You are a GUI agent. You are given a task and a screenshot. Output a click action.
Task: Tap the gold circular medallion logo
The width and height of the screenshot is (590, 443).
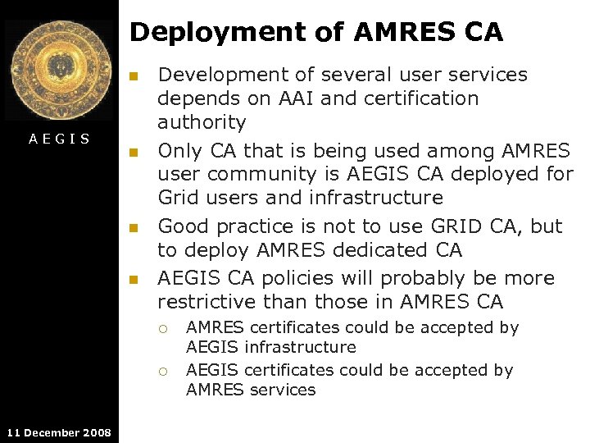[59, 71]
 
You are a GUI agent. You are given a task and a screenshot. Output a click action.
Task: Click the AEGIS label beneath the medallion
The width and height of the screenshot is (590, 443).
[59, 139]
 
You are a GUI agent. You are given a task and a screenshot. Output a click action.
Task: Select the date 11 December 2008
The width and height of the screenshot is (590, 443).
[58, 432]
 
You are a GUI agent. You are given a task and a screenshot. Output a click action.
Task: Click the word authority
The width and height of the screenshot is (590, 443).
[202, 122]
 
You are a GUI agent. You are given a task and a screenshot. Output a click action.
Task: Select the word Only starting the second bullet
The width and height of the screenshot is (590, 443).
[178, 151]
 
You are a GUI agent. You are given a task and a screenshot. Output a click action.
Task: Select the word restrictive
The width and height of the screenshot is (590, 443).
[209, 302]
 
